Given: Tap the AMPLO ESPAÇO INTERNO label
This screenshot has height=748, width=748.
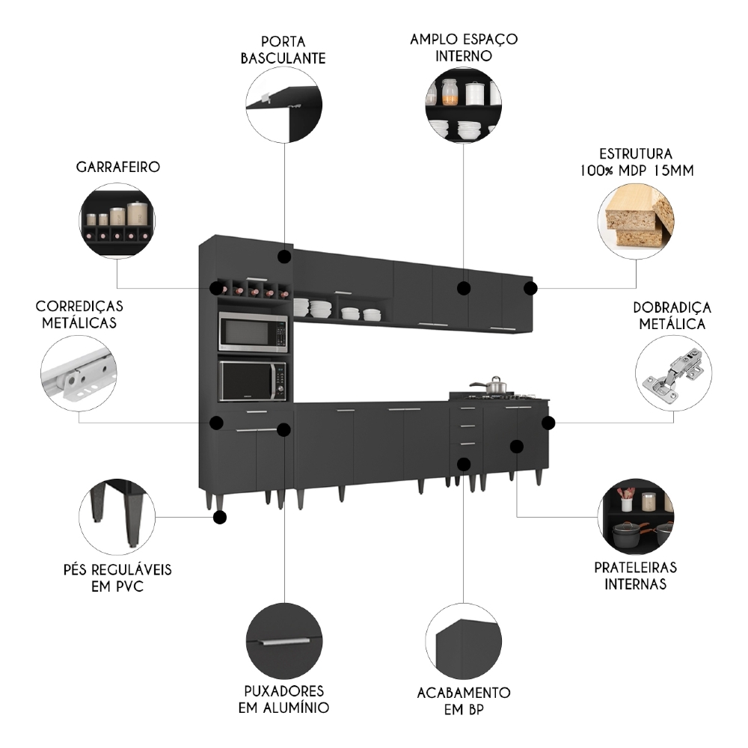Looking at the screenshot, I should coord(464,46).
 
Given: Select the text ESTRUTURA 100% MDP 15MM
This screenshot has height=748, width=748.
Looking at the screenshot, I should coord(636,162).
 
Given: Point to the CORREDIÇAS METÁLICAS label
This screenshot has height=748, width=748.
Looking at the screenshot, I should coord(79,315).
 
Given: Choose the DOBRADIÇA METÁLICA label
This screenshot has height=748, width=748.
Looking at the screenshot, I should coord(672,316).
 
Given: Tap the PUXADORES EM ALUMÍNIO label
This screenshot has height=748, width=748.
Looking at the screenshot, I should coord(284,699).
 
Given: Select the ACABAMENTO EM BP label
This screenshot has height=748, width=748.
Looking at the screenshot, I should coord(464,701).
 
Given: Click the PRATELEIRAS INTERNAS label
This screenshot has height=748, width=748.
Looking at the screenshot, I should coord(636,575).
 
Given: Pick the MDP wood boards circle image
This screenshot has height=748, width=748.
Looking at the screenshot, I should coord(637,218).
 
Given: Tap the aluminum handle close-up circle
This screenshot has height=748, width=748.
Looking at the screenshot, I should coord(284,641).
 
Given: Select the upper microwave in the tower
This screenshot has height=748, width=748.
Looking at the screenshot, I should coord(253,332).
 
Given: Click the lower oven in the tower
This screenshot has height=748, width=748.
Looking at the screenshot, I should coord(253,381).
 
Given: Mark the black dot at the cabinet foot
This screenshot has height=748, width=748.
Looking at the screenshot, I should coord(220,517).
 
